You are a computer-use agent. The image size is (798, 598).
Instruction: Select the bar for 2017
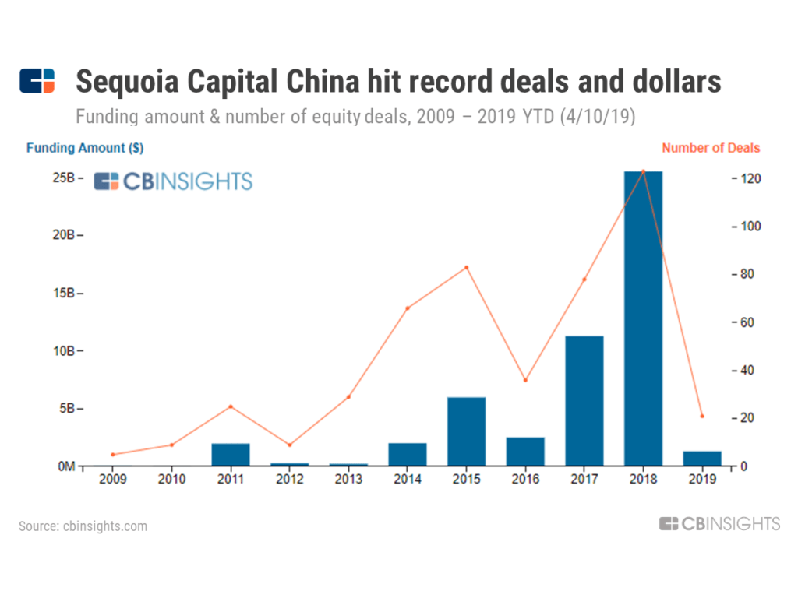coord(584,400)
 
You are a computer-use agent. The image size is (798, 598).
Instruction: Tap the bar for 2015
coord(466,431)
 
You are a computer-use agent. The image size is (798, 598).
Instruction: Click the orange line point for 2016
coord(525,380)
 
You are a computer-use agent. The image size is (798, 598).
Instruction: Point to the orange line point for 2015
coord(466,268)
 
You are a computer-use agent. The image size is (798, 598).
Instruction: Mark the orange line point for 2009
coord(112,455)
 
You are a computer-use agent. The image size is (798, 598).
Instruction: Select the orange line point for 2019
coord(702,417)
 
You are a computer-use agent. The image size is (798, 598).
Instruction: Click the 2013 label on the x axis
coord(348,480)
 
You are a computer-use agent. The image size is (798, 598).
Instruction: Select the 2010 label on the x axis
coord(171,480)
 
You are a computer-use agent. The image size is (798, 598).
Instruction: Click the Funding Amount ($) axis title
coord(85,148)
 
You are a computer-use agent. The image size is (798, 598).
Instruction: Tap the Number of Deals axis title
coord(710,148)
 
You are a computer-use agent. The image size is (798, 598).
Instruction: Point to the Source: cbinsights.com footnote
coord(83,526)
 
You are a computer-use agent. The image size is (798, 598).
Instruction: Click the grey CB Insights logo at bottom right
coord(719,524)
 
